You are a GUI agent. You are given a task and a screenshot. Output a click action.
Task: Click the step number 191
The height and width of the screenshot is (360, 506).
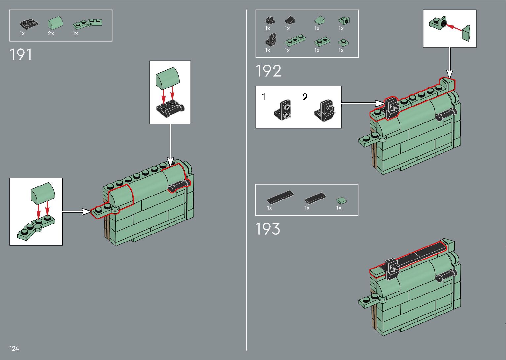[x=21, y=55]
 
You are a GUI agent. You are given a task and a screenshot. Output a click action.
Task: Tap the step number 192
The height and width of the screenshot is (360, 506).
[x=268, y=71]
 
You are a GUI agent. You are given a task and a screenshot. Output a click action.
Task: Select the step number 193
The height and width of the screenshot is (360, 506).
[x=267, y=229]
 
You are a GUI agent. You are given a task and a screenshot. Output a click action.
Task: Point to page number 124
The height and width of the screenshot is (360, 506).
[x=14, y=348]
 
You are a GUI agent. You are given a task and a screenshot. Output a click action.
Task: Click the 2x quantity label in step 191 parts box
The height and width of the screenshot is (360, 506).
[x=51, y=34]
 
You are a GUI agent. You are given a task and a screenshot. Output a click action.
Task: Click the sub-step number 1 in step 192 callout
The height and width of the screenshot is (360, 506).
[x=263, y=97]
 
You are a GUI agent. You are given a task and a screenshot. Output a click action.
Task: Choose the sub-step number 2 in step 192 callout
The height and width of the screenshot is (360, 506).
[x=305, y=97]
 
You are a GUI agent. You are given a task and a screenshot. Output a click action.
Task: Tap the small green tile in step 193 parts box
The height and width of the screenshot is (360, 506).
[x=342, y=200]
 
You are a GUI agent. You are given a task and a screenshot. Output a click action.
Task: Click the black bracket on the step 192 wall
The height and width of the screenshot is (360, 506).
[x=392, y=108]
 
